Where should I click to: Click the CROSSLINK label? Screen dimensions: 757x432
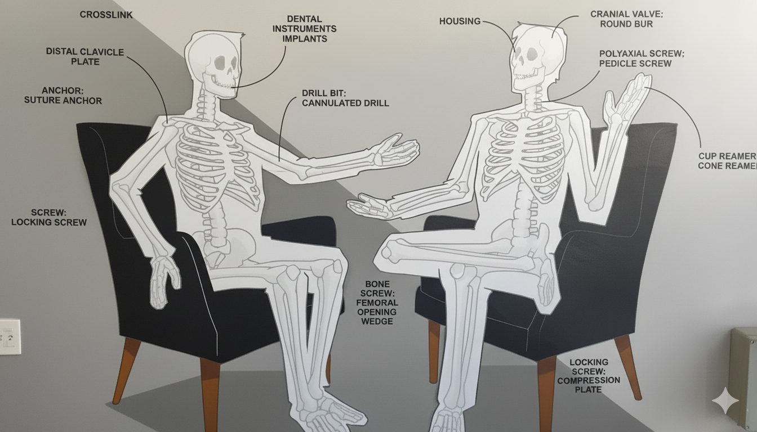tap(106, 15)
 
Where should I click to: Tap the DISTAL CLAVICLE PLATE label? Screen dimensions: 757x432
tap(85, 57)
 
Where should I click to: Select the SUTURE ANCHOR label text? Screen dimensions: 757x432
tap(63, 101)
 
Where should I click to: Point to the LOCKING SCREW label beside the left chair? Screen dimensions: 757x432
tap(49, 217)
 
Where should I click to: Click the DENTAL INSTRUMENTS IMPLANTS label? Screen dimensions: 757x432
tap(305, 29)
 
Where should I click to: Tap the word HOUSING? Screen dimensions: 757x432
tap(460, 21)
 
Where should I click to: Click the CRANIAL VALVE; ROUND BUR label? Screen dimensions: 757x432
tap(626, 19)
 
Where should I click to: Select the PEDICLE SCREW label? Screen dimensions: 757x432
tap(635, 64)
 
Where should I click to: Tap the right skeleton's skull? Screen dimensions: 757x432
tap(537, 57)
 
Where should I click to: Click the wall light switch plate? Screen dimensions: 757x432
tap(10, 337)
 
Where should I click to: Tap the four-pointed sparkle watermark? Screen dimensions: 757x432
tap(725, 400)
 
